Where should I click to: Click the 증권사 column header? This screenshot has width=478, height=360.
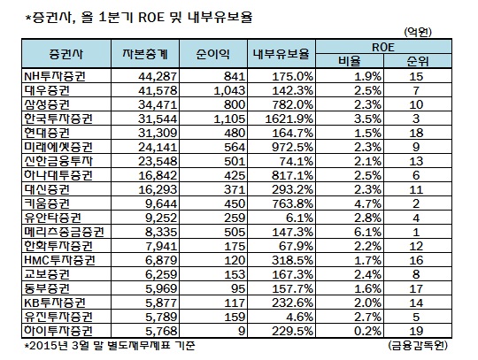coord(66,54)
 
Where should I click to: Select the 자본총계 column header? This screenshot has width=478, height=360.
coord(145,54)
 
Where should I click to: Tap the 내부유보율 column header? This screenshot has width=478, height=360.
coord(281,54)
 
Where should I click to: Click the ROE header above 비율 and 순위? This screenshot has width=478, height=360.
coord(383,47)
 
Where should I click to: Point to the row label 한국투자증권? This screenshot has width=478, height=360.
coord(58,119)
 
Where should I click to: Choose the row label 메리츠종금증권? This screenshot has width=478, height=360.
coord(64,232)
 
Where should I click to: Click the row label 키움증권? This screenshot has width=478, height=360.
coord(47,203)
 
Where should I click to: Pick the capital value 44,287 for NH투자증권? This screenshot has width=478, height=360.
coord(158,76)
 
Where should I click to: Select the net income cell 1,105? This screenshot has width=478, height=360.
coord(229,119)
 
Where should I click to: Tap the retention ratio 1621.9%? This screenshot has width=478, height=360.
coord(289,119)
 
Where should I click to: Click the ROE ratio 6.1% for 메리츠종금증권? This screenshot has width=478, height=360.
coord(367,232)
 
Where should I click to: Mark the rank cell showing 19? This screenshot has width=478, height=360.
coord(416,331)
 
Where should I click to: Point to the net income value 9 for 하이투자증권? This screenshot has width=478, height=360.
coord(242,331)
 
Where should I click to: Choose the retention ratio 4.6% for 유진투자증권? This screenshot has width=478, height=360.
coord(300,317)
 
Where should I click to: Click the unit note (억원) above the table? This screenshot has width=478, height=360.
coord(418,32)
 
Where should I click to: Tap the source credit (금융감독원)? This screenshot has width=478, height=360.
coord(418,345)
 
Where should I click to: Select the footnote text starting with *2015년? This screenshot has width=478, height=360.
coord(110,346)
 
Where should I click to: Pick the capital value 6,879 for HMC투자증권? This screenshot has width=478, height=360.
coord(161,260)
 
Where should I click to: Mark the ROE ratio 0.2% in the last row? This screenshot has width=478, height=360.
coord(367,331)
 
